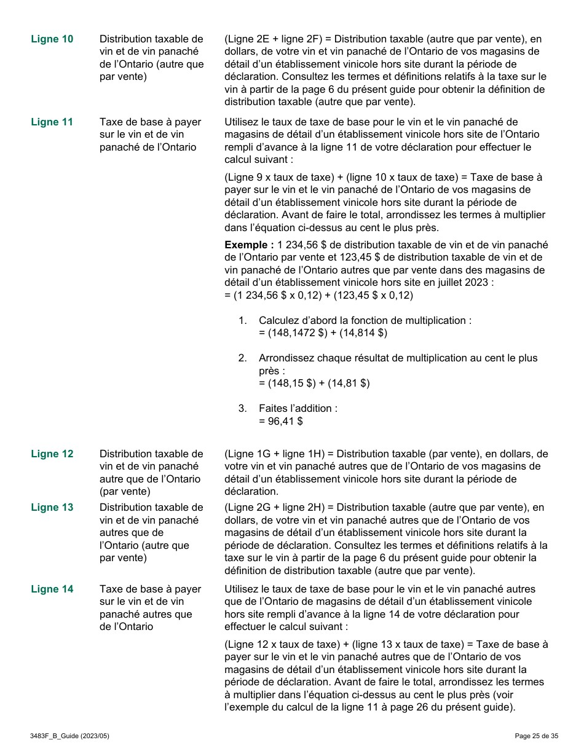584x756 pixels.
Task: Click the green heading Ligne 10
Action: (x=52, y=39)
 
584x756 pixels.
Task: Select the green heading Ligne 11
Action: (x=52, y=122)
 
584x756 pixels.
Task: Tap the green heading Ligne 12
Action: (x=52, y=454)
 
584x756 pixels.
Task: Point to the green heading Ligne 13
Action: (x=52, y=508)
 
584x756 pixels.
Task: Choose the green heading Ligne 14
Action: (x=52, y=589)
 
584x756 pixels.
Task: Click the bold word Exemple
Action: (x=249, y=245)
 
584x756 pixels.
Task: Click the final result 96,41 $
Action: (x=281, y=422)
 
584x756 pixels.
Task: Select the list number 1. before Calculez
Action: (x=243, y=321)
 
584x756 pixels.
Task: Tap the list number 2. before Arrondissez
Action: (x=243, y=358)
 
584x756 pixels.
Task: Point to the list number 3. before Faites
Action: (x=243, y=409)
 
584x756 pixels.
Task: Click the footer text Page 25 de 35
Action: (x=537, y=736)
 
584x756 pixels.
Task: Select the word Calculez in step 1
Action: (x=280, y=321)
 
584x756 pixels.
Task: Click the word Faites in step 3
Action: (x=273, y=409)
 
